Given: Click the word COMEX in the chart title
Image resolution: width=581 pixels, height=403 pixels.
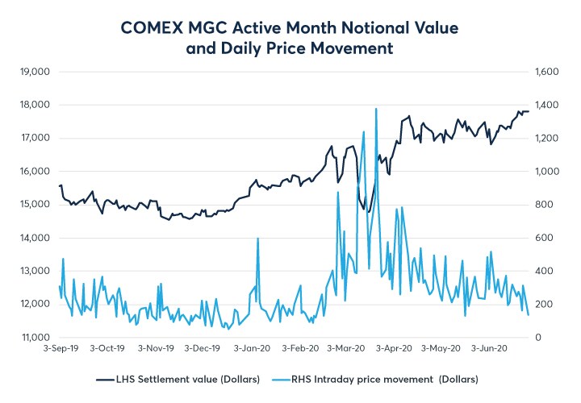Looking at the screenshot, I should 153,27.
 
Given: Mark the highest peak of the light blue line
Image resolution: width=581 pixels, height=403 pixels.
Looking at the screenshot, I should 376,109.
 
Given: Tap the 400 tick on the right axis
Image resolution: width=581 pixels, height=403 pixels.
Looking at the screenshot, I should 545,271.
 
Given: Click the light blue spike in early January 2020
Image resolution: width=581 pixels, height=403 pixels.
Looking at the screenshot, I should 257,239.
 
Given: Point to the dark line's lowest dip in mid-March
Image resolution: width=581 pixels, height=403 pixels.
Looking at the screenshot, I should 367,212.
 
